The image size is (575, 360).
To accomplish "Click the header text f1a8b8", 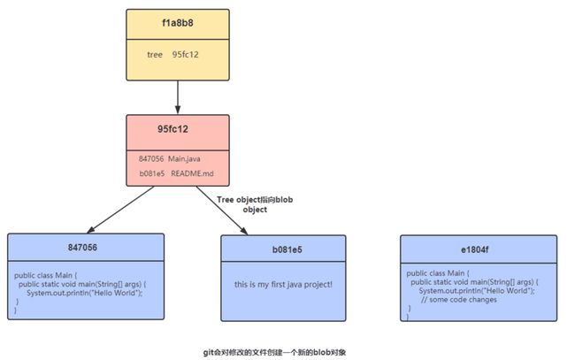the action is pos(178,23).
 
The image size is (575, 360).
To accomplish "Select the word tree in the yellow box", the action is pos(155,55).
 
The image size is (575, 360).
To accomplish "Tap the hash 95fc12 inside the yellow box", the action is pos(186,55).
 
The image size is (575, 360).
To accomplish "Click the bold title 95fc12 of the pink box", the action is pos(172,129).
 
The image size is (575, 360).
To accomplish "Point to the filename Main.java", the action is pos(184,158).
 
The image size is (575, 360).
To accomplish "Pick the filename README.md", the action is pos(192,173).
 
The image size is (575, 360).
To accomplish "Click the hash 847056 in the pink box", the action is pos(151,158).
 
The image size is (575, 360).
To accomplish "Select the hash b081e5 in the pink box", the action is pos(152,173).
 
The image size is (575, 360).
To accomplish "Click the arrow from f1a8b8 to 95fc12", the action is pos(178,97).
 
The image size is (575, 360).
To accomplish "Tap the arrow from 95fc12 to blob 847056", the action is pos(120,210).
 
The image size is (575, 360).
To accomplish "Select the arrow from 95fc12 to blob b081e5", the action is pos(222,211).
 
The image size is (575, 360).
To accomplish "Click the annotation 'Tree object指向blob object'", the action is pos(255,204).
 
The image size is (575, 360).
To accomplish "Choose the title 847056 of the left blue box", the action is pos(82,248).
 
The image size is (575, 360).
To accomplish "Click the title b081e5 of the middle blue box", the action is pos(287,250).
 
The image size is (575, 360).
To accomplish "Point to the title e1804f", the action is pos(475,250).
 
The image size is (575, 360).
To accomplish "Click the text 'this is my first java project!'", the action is pos(283,285).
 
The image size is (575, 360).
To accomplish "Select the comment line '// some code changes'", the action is pos(459,300).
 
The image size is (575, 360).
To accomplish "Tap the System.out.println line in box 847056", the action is pos(84,293).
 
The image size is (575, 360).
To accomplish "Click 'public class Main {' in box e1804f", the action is pos(438,273).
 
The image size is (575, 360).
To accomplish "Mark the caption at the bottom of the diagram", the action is pos(274,353).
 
